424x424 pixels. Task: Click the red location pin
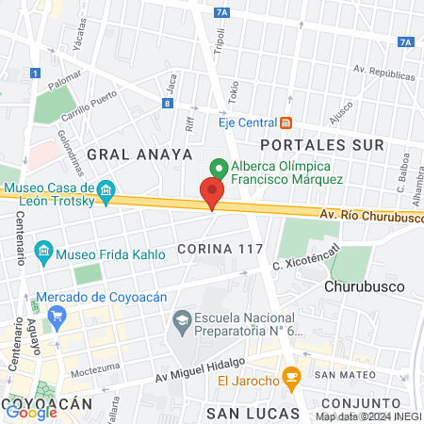[212, 193]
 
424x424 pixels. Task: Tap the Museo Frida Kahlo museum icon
[43, 253]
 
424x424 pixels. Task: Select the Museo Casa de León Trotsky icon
[106, 193]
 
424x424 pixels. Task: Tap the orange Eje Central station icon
[285, 122]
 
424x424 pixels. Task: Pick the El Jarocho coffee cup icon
[291, 380]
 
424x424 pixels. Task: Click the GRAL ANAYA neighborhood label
[139, 153]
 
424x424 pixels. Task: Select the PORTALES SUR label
[322, 145]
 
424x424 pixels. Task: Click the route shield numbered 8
[167, 103]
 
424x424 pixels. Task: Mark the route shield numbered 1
[35, 72]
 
